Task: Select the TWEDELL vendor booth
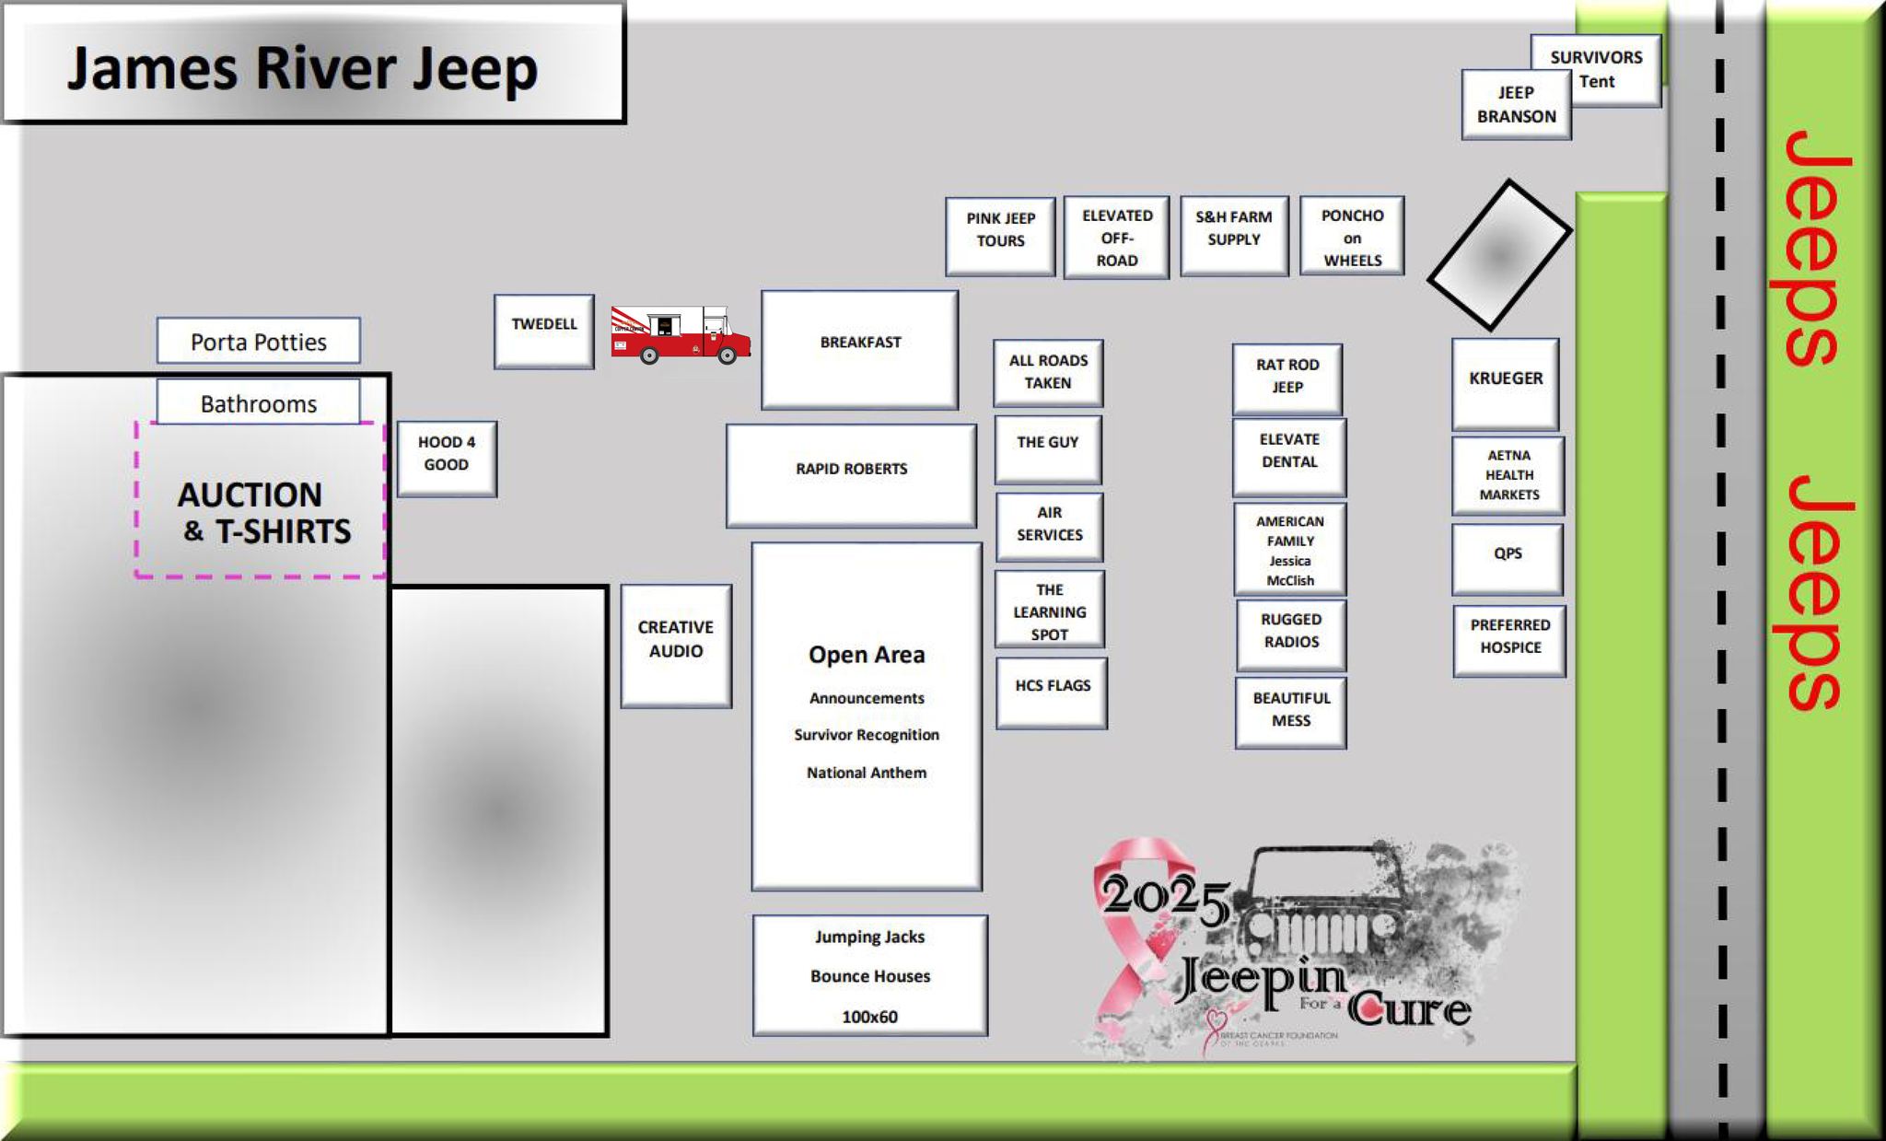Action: pos(544,332)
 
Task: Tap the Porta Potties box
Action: pos(259,342)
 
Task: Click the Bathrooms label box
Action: pos(259,403)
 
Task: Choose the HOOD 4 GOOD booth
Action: pos(447,459)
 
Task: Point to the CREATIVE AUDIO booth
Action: pos(676,645)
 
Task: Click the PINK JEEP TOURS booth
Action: pos(1000,236)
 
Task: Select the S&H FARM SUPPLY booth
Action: pos(1234,235)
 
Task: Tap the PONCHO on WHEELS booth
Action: pos(1352,236)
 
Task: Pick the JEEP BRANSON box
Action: pos(1516,105)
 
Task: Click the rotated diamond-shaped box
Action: pos(1499,254)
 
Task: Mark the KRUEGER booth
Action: pos(1506,383)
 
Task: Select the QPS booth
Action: pos(1508,558)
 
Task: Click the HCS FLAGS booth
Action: pos(1052,693)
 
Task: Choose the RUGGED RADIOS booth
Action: pos(1291,635)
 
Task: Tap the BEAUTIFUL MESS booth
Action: pos(1291,712)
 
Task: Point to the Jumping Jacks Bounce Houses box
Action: pos(870,975)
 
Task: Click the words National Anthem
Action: pos(867,773)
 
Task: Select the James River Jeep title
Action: pos(302,68)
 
